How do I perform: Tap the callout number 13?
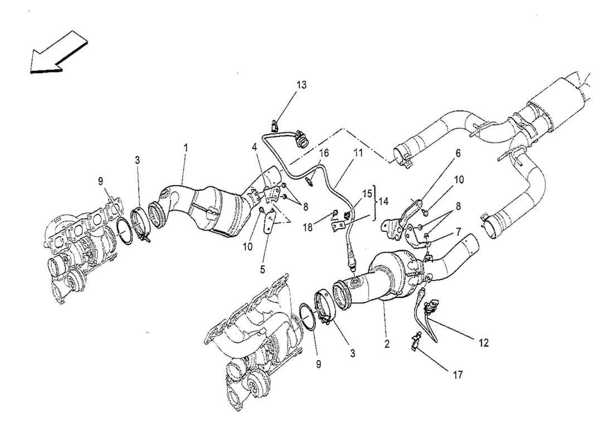point(301,85)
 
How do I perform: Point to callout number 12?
point(483,343)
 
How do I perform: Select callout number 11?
point(357,152)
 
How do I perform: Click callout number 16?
point(324,153)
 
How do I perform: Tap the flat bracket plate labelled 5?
point(270,221)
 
